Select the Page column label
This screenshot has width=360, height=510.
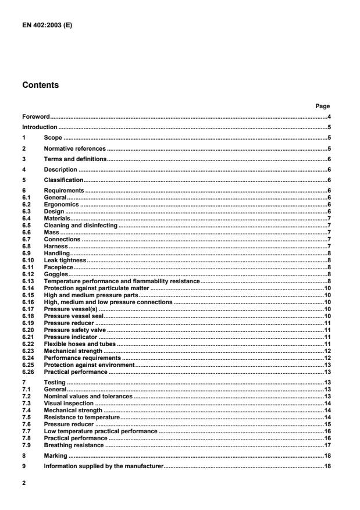pos(322,106)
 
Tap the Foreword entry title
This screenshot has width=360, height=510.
pos(36,117)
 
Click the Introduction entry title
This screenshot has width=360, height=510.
pos(40,127)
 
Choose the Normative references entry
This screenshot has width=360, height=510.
pos(74,148)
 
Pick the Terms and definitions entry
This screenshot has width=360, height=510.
pos(75,158)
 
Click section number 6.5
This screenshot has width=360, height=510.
pos(27,224)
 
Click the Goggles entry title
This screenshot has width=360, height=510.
pos(56,274)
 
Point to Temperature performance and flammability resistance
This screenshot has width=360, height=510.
pos(122,280)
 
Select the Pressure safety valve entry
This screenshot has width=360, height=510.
pos(75,330)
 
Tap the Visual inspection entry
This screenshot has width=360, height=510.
pos(69,402)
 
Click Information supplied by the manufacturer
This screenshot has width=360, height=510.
pos(104,467)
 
